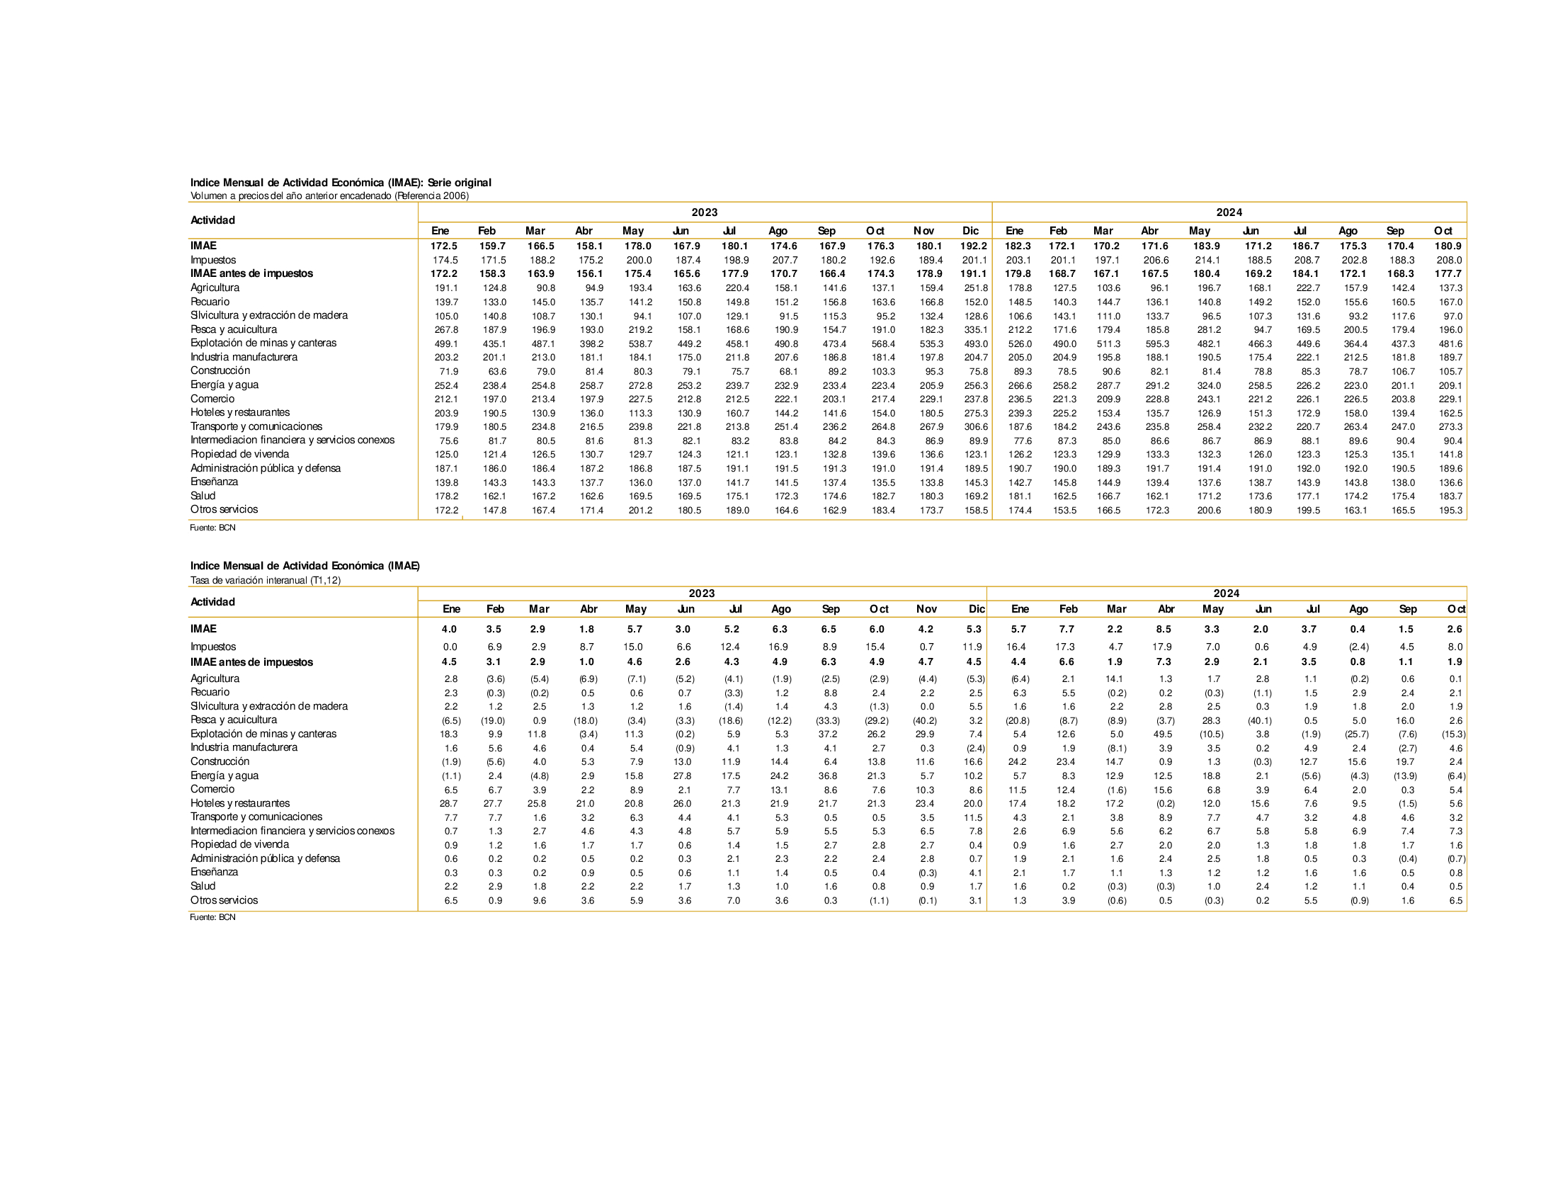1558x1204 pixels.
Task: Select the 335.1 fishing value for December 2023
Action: click(x=975, y=329)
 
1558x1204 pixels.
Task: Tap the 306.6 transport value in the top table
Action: click(x=975, y=426)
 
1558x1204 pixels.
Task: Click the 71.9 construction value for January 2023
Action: click(x=449, y=372)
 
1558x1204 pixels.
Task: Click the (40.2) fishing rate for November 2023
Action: click(x=926, y=720)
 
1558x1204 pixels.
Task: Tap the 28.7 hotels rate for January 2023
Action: click(x=449, y=803)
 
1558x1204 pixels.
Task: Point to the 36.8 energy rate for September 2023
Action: click(x=829, y=776)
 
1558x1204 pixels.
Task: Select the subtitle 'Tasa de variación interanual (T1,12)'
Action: click(x=266, y=580)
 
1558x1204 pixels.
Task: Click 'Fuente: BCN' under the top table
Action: click(x=212, y=528)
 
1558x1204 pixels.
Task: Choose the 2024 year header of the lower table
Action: click(x=1227, y=594)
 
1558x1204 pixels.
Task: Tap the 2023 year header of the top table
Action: click(x=704, y=212)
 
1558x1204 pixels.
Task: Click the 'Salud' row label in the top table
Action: click(x=203, y=496)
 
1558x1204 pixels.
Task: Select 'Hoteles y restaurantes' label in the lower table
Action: click(x=239, y=803)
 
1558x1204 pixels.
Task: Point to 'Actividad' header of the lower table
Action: click(x=212, y=602)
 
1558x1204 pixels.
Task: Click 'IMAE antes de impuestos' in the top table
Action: click(x=251, y=273)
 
